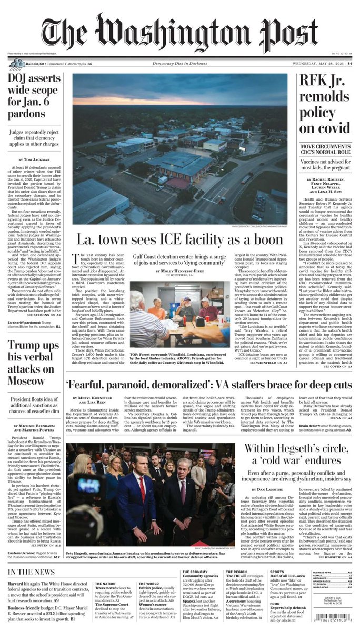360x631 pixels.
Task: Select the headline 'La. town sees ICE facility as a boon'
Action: (x=180, y=239)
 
